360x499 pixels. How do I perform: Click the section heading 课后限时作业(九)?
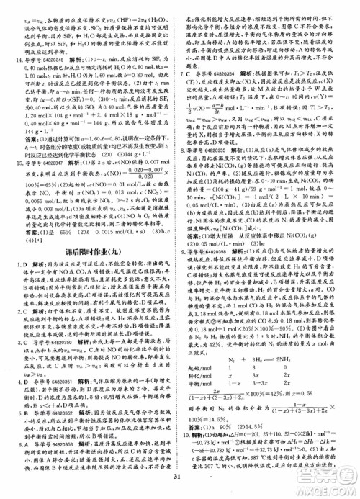[x=91, y=254]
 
